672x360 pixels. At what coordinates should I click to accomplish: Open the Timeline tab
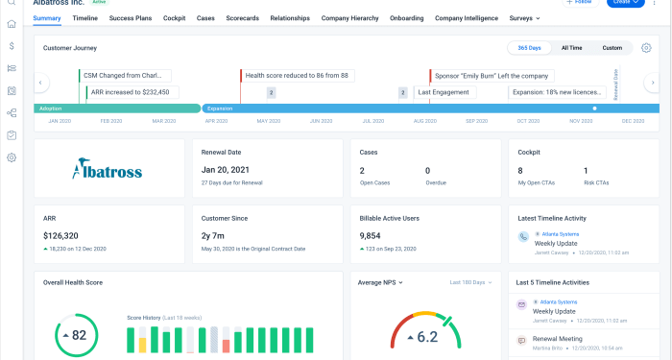(x=84, y=17)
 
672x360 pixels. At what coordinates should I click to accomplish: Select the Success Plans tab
(x=131, y=17)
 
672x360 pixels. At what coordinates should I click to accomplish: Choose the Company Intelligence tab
(x=468, y=17)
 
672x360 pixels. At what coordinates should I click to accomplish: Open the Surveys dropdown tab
(x=524, y=17)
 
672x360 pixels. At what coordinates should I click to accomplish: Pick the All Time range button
(x=572, y=47)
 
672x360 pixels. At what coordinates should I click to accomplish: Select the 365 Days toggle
(x=529, y=47)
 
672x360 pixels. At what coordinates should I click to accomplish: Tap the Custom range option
(x=612, y=47)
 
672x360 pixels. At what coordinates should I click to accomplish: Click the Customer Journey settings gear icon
(x=646, y=47)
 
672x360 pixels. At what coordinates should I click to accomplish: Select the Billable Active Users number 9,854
(x=375, y=234)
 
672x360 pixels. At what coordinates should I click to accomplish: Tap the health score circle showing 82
(x=72, y=335)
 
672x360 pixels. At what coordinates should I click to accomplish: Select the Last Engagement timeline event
(x=444, y=92)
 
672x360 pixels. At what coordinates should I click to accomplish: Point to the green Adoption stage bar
(x=116, y=108)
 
